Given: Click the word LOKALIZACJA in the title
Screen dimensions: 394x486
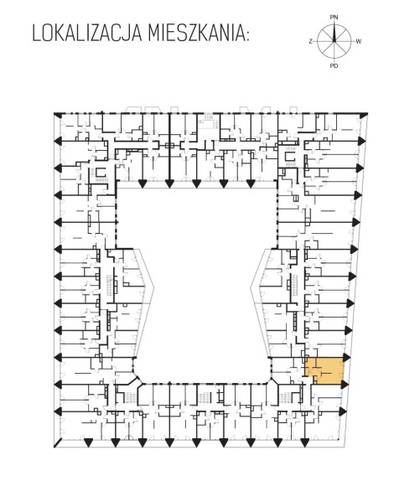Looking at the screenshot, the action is (87, 33).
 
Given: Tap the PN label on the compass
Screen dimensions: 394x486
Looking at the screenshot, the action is (334, 18).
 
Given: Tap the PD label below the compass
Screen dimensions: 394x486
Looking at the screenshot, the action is (334, 65).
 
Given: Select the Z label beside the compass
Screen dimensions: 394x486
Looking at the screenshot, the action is (310, 42).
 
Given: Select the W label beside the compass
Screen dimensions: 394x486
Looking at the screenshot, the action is (358, 42).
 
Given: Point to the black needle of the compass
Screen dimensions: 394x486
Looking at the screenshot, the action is (334, 33).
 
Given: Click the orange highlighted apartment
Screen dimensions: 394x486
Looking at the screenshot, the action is (324, 371).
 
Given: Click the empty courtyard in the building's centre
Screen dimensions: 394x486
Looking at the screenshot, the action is (196, 279).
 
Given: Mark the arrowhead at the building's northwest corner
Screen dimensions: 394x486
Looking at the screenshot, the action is (57, 115).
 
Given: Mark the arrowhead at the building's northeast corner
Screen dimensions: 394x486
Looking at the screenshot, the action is (363, 115).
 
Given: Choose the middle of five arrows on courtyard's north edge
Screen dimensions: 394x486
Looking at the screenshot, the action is (196, 184).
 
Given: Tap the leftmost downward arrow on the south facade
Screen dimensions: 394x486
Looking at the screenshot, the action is (88, 442).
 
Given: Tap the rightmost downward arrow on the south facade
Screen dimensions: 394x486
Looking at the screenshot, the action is (305, 442).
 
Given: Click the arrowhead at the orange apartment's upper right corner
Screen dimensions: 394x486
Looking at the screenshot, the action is (346, 358).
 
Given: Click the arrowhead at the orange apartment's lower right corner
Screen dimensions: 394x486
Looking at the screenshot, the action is (344, 385).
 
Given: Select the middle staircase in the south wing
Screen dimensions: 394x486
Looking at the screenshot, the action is (205, 397).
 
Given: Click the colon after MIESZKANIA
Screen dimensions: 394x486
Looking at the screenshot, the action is (246, 35).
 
